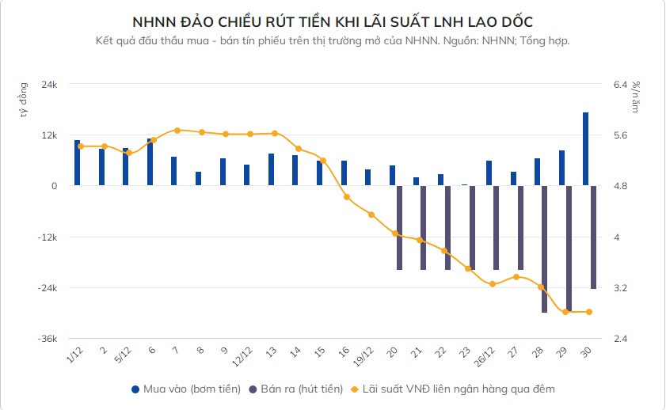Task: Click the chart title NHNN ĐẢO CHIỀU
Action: tap(333, 21)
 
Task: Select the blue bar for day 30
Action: tap(586, 149)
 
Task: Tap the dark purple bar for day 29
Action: tap(569, 248)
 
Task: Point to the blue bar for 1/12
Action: tap(77, 162)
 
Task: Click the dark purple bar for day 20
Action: tap(399, 228)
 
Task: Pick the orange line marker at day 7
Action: tap(177, 131)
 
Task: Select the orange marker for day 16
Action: tap(347, 196)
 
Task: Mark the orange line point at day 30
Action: tap(590, 312)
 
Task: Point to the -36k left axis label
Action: tap(47, 339)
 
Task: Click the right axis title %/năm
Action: tap(636, 97)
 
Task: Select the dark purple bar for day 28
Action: tap(544, 249)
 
